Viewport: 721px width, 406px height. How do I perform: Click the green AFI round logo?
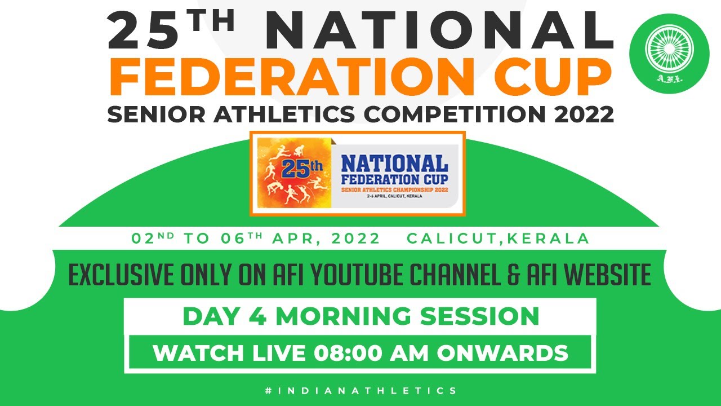point(670,54)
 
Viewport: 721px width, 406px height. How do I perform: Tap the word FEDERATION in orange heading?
point(292,77)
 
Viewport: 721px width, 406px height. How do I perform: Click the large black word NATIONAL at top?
point(439,30)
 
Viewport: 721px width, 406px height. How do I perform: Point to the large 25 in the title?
point(144,31)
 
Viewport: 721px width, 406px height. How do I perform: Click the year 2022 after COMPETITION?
point(584,114)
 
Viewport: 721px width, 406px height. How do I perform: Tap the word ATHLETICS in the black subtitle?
point(284,114)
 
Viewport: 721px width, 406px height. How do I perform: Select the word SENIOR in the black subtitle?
point(157,114)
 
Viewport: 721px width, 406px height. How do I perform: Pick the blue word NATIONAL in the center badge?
point(395,164)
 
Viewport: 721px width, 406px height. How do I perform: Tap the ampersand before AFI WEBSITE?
point(514,275)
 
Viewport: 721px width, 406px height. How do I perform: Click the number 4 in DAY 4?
point(257,316)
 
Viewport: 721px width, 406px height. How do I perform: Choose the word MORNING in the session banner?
point(343,316)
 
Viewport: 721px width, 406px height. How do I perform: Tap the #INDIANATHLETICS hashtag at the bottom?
point(361,391)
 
